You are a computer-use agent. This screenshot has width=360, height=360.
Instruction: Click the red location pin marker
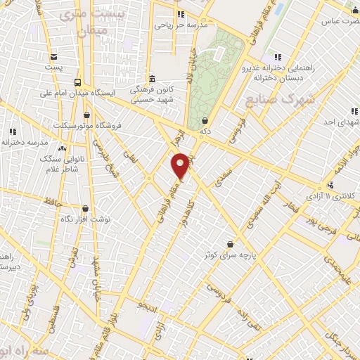pyautogui.click(x=181, y=165)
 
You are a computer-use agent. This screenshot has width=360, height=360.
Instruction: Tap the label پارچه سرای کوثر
pyautogui.click(x=230, y=255)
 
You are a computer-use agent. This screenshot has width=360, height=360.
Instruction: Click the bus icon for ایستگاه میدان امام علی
pyautogui.click(x=77, y=82)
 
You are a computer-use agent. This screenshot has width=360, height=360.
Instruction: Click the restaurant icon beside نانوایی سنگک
pyautogui.click(x=62, y=150)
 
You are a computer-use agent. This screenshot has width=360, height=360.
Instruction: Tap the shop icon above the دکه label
pyautogui.click(x=204, y=121)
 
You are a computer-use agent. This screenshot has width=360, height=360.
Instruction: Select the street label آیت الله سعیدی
pyautogui.click(x=261, y=200)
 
